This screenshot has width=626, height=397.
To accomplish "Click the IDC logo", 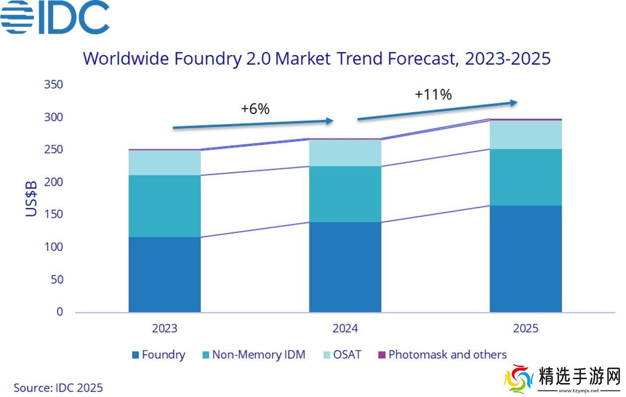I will click(55, 17).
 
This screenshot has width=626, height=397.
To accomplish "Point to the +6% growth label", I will click(255, 109).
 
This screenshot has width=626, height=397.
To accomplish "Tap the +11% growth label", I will click(433, 94).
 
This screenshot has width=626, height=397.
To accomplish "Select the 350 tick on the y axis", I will click(53, 84).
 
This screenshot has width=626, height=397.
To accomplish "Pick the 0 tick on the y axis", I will click(60, 312).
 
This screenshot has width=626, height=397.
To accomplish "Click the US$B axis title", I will click(31, 198).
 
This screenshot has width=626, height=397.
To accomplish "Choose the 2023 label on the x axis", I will click(164, 329).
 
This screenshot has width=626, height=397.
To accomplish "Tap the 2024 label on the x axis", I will click(345, 329).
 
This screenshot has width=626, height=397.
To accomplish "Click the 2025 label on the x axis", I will click(526, 329).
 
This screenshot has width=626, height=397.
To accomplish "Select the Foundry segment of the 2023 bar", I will click(164, 274).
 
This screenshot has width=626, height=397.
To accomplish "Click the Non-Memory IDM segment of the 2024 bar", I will click(345, 194).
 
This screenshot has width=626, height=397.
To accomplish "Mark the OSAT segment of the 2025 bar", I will click(526, 134).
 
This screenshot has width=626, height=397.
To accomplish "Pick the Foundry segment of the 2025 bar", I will click(526, 259).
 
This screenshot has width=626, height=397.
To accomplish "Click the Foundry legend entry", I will click(158, 355).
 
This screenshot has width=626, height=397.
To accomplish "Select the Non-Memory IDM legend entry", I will click(253, 355).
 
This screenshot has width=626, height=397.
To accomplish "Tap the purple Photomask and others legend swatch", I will click(382, 355).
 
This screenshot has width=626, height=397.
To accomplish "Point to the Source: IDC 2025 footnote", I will click(58, 388).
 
